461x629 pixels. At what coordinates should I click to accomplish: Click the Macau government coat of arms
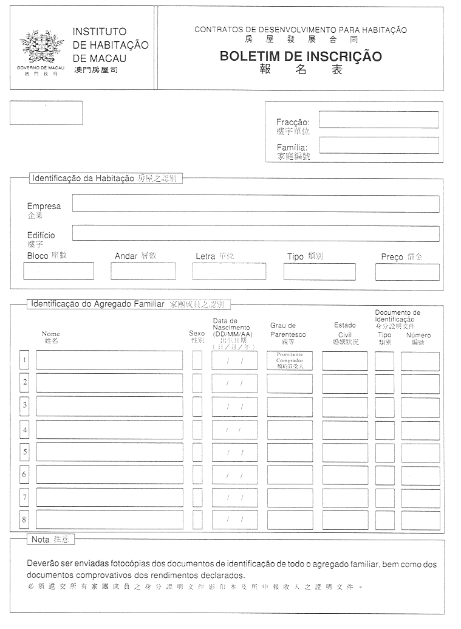click(41, 46)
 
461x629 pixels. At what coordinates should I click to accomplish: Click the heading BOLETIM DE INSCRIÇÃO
click(301, 57)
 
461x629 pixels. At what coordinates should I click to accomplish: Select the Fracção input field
click(378, 120)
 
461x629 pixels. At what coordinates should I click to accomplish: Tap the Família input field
click(378, 145)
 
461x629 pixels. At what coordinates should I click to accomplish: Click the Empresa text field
click(255, 204)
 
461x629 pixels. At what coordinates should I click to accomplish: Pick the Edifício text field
click(255, 233)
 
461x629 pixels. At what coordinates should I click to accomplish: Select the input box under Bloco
click(58, 271)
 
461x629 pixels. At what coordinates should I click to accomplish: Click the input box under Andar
click(143, 271)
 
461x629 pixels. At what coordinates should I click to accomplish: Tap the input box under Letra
click(229, 271)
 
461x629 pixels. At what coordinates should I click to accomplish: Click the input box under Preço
click(407, 272)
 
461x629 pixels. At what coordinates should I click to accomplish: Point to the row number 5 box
click(24, 452)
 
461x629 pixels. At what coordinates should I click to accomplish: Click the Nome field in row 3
click(109, 406)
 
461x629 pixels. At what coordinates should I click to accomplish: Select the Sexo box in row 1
click(197, 360)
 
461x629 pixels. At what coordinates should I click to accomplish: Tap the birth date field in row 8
click(234, 520)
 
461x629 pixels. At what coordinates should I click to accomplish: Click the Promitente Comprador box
click(290, 360)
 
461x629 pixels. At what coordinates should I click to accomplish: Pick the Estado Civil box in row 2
click(344, 383)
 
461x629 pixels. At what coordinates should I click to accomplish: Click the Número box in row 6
click(420, 475)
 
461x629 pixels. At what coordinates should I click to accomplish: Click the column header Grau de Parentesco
click(288, 334)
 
